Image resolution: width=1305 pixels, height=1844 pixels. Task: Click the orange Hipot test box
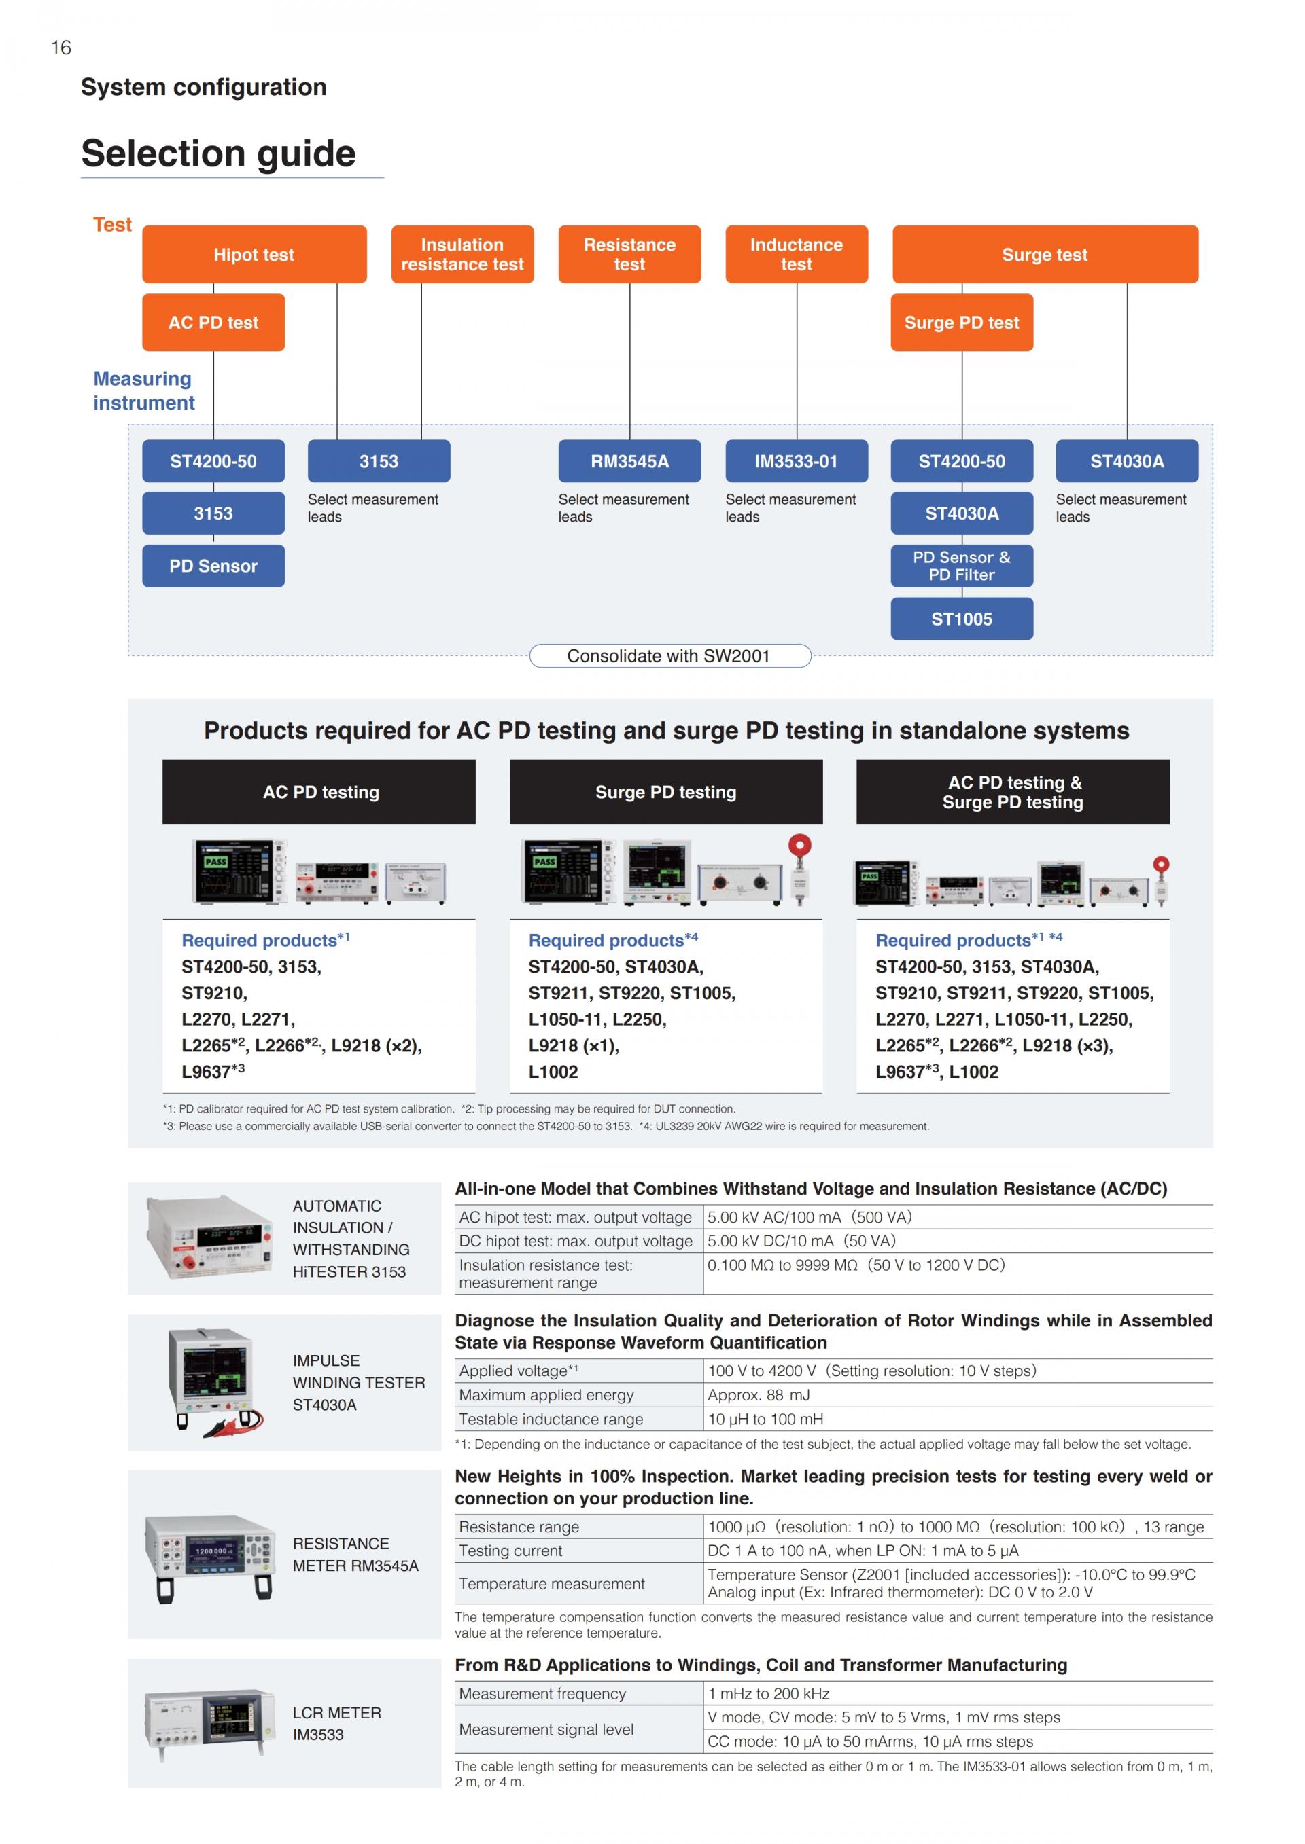click(x=254, y=254)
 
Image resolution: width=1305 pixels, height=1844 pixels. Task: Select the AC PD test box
click(x=213, y=322)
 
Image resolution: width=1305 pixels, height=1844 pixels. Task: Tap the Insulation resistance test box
click(x=462, y=254)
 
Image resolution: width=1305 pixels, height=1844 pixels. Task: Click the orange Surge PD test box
click(x=962, y=322)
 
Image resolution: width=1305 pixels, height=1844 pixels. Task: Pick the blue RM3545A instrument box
click(x=630, y=461)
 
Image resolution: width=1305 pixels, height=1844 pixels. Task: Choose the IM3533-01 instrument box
click(x=797, y=461)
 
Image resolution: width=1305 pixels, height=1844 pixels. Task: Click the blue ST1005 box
click(x=962, y=619)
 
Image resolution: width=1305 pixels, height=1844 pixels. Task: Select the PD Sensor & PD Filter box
click(x=962, y=565)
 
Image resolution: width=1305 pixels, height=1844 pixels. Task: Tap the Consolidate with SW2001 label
click(x=669, y=655)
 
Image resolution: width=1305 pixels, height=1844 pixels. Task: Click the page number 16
click(x=61, y=48)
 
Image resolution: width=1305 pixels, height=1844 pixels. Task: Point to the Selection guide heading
click(x=219, y=153)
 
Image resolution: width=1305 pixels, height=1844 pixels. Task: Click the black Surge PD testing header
click(x=666, y=792)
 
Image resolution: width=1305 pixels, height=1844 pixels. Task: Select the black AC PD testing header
click(x=319, y=792)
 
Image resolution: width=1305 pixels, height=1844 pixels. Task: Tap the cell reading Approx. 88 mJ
click(x=759, y=1395)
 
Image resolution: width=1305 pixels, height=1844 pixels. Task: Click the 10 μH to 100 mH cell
click(x=766, y=1419)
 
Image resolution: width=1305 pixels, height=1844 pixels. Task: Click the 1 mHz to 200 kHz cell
click(x=769, y=1694)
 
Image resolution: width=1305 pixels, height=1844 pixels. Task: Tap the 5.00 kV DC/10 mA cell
click(x=801, y=1241)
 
